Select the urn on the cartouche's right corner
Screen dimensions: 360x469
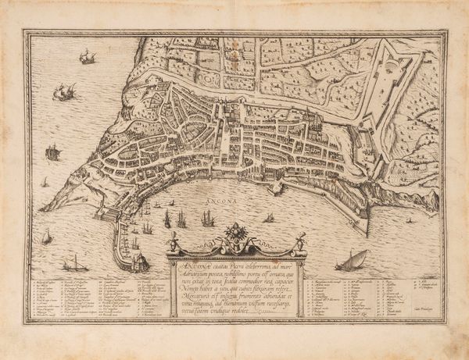297,248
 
